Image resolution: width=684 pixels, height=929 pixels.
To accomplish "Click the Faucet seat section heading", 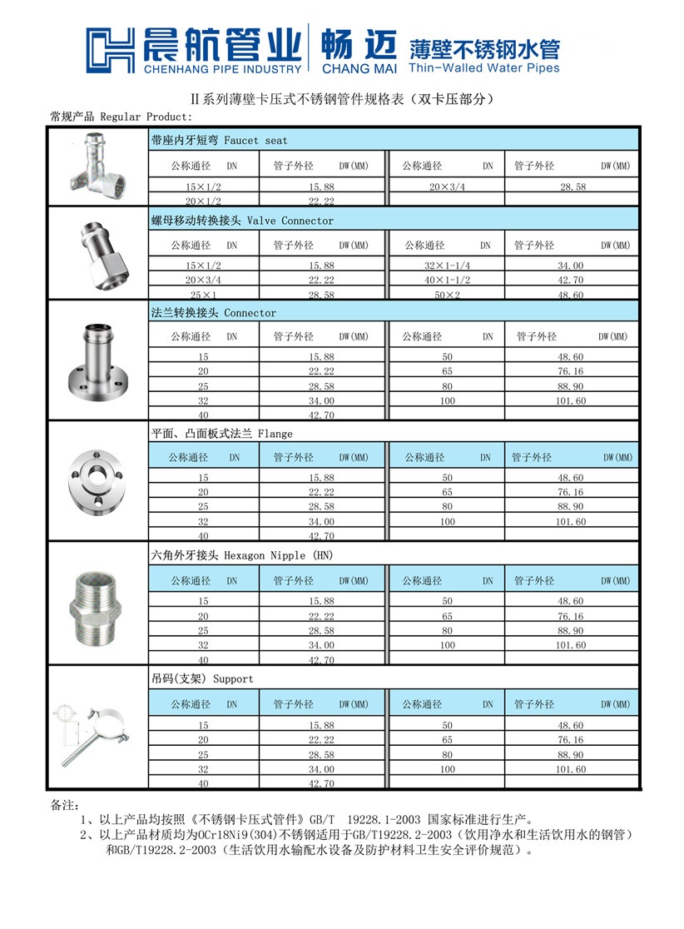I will [219, 141].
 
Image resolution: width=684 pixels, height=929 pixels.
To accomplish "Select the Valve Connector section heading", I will [241, 221].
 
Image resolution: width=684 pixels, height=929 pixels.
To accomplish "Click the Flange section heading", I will [221, 434].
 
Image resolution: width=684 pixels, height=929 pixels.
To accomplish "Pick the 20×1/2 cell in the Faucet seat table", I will [202, 201].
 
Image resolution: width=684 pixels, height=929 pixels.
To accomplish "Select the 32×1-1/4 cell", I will [448, 266].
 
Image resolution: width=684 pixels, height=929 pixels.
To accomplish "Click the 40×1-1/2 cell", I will [448, 281].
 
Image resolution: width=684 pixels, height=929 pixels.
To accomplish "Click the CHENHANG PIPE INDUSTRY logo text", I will [221, 68].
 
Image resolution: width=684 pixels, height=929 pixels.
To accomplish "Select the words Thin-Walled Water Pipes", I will [484, 68].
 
